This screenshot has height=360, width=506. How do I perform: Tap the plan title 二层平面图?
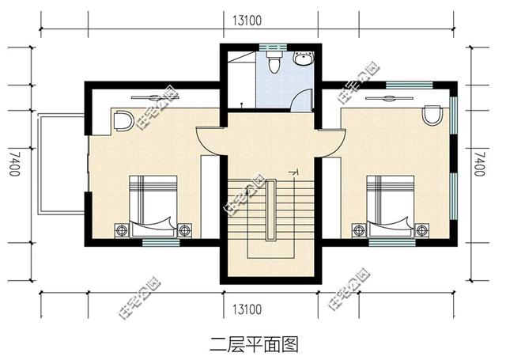[253, 343]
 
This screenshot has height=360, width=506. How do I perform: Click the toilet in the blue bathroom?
[274, 63]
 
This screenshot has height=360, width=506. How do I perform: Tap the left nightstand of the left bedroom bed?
[122, 230]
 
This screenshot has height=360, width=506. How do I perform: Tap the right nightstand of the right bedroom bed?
[423, 230]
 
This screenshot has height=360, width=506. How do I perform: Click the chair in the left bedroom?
[123, 121]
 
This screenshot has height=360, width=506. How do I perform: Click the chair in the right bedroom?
[431, 116]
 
